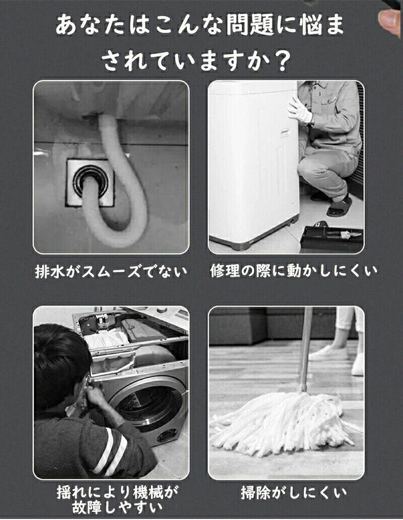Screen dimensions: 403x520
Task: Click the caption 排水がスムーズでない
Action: click(111, 272)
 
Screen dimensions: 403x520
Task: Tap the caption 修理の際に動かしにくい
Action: click(294, 271)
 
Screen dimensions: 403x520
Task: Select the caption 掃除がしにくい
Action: click(294, 493)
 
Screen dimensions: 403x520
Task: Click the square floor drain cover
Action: click(90, 182)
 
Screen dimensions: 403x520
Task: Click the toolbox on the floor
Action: click(330, 238)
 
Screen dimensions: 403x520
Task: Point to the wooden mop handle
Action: click(306, 349)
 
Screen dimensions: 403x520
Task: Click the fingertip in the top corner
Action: click(390, 21)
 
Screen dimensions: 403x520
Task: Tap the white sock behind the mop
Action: click(358, 365)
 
